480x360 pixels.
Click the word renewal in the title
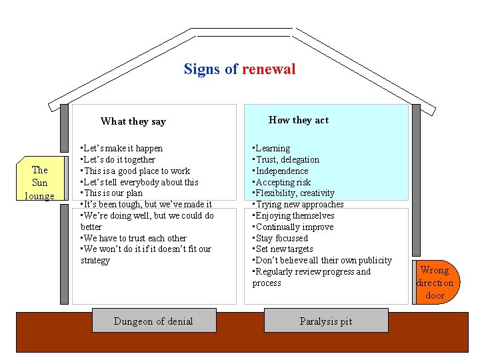269,69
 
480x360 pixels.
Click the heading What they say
133,121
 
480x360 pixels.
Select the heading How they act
298,120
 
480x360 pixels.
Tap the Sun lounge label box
40,183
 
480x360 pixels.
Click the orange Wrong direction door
435,282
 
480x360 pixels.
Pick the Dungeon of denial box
153,321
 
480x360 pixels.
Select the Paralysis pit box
325,321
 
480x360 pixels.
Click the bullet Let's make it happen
121,148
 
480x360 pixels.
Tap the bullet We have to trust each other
133,238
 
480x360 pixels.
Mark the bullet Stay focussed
280,238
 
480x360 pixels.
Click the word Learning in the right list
273,148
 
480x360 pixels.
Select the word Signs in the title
201,69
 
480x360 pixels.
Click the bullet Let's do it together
117,159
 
